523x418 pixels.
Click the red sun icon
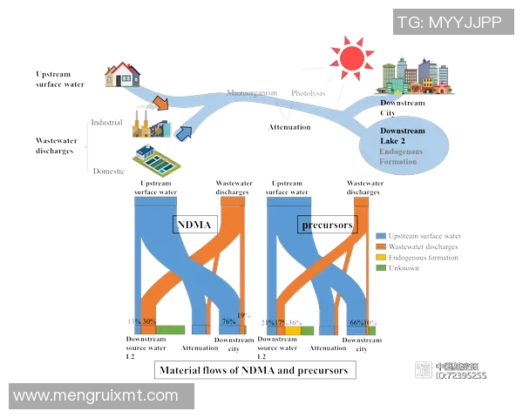click(x=352, y=58)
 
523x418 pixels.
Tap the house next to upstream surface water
click(x=123, y=74)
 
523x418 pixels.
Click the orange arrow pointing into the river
click(x=160, y=104)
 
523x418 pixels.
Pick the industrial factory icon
click(x=150, y=127)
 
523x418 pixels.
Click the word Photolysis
click(x=308, y=93)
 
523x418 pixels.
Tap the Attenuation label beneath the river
click(x=289, y=127)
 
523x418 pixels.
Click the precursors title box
click(x=327, y=226)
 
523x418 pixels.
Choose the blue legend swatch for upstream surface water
click(x=380, y=236)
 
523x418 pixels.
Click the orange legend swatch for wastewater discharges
click(x=380, y=246)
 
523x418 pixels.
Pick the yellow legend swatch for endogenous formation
click(x=380, y=257)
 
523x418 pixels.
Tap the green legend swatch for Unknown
click(x=380, y=267)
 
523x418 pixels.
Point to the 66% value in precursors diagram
click(x=357, y=322)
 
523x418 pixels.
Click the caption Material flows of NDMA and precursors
click(x=254, y=370)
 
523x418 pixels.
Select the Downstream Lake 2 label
click(x=403, y=136)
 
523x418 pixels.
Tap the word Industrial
click(x=106, y=123)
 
